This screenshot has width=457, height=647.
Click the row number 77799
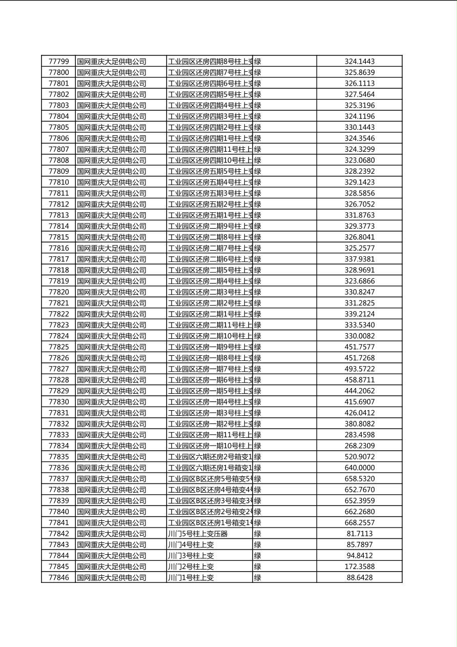(x=58, y=62)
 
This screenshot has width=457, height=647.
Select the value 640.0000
(x=359, y=468)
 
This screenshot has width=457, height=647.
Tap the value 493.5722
(x=359, y=369)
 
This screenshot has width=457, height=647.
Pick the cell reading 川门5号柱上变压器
(x=198, y=534)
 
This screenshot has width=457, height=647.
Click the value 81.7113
(x=359, y=534)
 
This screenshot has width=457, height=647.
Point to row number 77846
(x=58, y=577)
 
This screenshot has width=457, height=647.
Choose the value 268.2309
(x=359, y=446)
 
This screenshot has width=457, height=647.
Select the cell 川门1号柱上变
(x=191, y=577)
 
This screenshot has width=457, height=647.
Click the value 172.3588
(x=359, y=567)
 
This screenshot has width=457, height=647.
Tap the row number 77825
(x=58, y=347)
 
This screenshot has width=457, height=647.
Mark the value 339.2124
(x=359, y=314)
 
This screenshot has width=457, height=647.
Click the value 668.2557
(x=359, y=522)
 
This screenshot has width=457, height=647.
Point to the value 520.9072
(x=359, y=457)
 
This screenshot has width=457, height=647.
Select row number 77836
(x=58, y=468)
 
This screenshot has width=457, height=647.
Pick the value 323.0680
(x=359, y=160)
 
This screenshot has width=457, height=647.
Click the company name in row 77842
(x=112, y=534)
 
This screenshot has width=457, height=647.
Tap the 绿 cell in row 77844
(x=258, y=556)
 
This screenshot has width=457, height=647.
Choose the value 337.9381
(x=359, y=259)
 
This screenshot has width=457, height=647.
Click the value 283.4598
(x=359, y=435)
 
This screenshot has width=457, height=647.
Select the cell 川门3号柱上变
(x=191, y=556)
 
